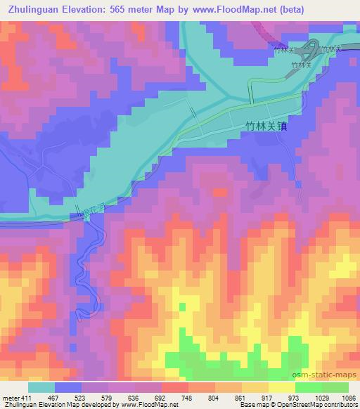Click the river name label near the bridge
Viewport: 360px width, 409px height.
89,209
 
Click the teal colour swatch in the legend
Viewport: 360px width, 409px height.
41,387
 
